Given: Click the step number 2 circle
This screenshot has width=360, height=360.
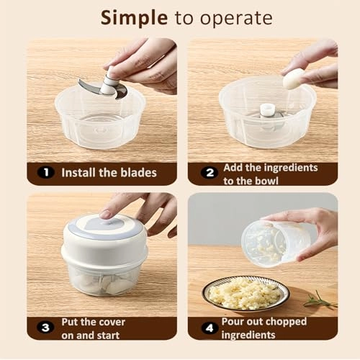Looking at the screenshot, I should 210,173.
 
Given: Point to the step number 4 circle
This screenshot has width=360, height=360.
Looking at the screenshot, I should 210,328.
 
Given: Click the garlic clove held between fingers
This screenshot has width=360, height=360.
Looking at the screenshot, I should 294,80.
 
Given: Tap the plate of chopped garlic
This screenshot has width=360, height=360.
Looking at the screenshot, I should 246,292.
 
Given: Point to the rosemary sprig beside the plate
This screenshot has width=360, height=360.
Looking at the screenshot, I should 318,300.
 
